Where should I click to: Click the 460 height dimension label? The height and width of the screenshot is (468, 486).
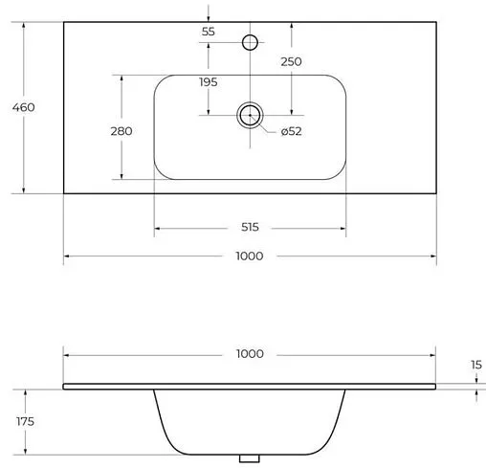tap(24, 107)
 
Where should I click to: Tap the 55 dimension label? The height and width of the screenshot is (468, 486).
tap(209, 32)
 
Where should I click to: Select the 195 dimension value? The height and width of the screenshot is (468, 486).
tap(209, 82)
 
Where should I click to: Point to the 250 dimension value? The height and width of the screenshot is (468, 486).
tap(291, 61)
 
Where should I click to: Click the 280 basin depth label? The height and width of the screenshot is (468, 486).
tap(121, 131)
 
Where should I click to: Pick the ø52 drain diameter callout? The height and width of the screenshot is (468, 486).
tap(292, 131)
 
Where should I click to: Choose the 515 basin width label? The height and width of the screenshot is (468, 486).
tap(250, 227)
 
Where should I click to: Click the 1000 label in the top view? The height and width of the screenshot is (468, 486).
tap(250, 256)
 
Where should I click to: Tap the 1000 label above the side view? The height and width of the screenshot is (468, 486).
tap(250, 354)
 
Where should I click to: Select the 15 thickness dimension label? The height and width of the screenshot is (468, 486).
tap(476, 365)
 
